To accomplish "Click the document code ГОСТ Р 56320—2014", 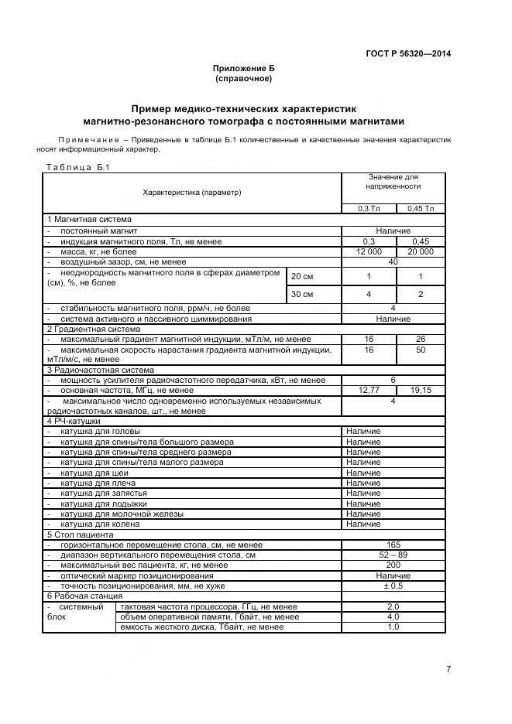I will tap(408, 53).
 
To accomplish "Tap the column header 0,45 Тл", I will tap(421, 208).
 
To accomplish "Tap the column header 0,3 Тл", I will tap(369, 208).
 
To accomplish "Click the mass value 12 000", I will tap(369, 252).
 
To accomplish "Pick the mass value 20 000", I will tap(421, 252).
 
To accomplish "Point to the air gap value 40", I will tap(393, 262).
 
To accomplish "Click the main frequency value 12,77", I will tap(369, 391).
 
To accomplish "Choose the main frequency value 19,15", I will tap(421, 391).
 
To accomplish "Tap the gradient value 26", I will tap(421, 340).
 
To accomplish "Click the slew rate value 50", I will tap(421, 350).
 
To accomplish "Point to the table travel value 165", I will tap(393, 545).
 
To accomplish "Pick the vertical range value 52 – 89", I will tap(393, 555).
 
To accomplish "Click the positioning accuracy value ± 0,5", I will tap(393, 586).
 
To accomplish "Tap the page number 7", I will tap(448, 670).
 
